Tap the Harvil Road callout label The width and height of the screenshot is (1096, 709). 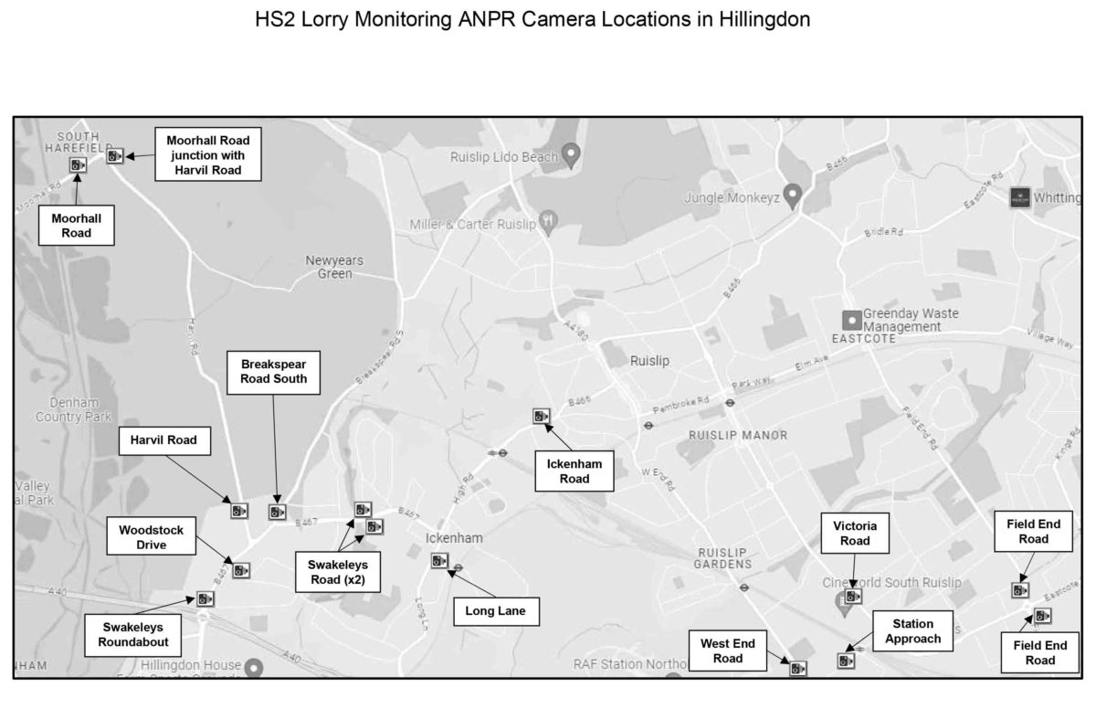164,440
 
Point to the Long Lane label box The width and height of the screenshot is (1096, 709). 496,611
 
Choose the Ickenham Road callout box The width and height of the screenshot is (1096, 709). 574,471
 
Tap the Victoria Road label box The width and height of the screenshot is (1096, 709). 855,534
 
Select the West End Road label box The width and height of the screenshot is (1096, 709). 728,651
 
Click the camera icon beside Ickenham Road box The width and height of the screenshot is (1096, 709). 542,417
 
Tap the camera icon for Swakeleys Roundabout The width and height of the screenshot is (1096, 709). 204,598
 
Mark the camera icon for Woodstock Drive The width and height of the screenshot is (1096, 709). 240,570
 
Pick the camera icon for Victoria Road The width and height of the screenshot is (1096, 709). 852,596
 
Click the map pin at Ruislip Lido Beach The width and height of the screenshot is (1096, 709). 572,154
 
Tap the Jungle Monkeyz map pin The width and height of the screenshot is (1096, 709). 793,194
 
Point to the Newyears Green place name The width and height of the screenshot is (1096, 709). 333,267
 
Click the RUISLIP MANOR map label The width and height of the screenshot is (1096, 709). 738,436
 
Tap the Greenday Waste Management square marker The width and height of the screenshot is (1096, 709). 851,319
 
